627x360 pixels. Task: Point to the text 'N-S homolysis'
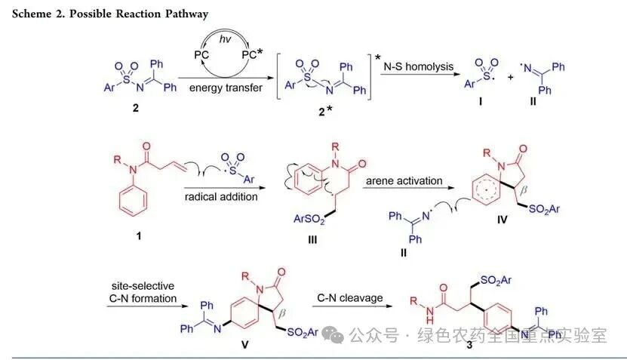[420, 66]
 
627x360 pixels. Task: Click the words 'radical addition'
[217, 198]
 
